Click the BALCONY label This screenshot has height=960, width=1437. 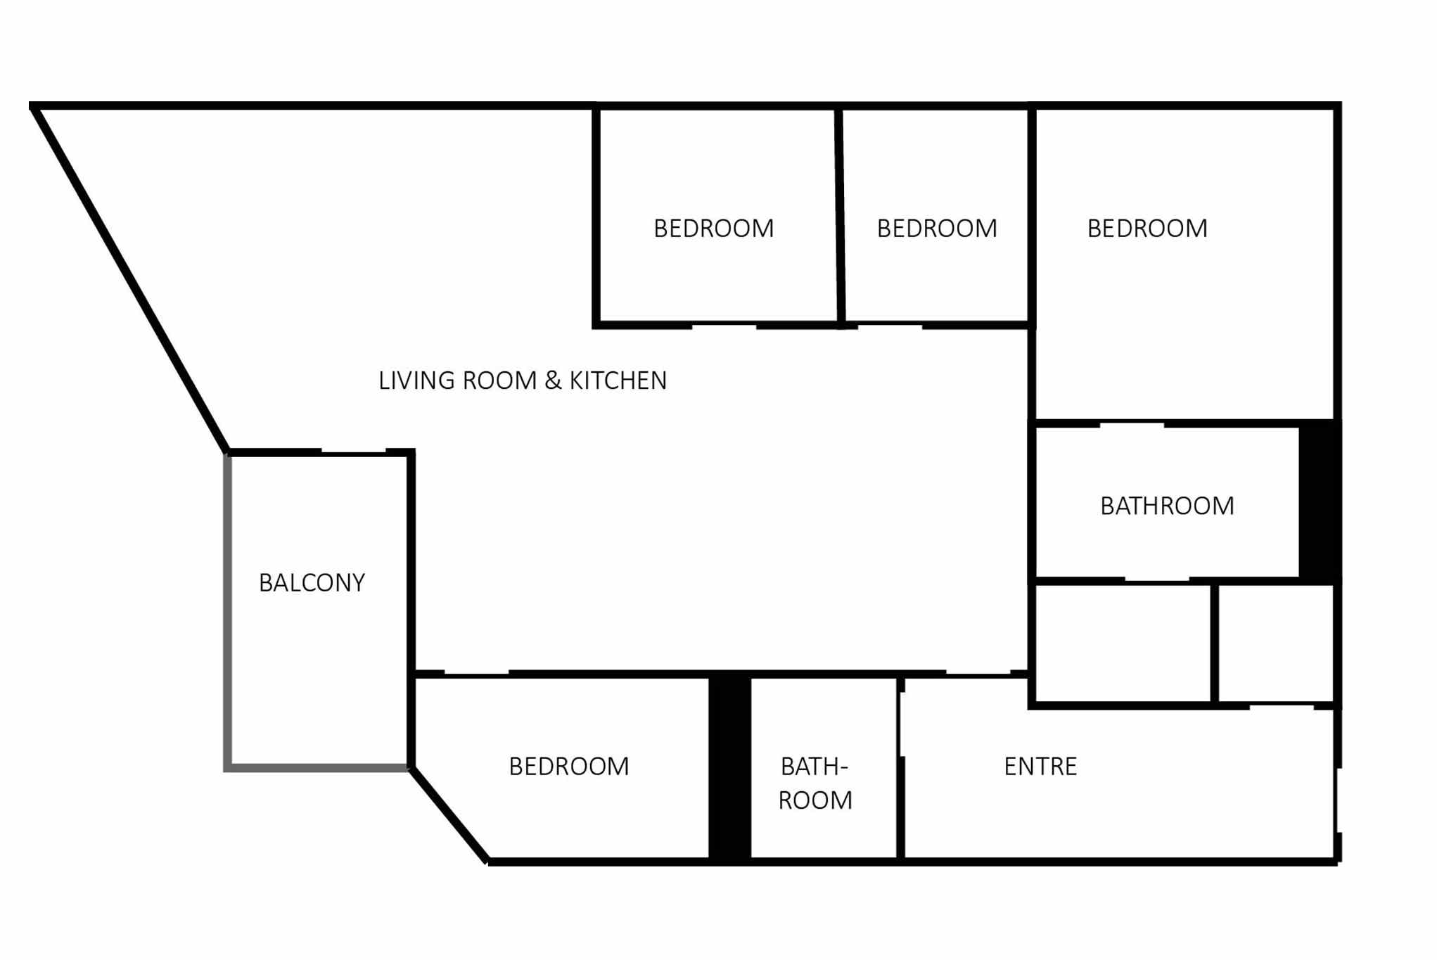312,583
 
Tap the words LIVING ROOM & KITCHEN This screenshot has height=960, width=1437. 523,380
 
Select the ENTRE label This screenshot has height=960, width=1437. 1040,767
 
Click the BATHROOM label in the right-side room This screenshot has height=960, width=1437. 1167,506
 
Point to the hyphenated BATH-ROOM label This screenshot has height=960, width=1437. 815,783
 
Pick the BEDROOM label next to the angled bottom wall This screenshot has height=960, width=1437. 569,767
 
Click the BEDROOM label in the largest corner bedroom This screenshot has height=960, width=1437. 1147,229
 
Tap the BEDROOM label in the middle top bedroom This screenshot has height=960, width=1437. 937,229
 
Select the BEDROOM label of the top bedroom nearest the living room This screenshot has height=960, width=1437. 714,229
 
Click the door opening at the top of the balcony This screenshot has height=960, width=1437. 354,452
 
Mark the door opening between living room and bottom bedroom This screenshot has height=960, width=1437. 477,674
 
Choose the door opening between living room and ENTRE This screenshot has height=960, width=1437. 978,674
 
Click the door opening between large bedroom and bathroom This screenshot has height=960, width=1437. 1132,424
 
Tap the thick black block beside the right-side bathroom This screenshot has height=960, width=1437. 1320,501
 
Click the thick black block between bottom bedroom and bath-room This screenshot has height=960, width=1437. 729,767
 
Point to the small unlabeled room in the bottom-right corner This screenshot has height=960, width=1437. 1276,644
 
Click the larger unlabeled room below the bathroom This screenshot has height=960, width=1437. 1123,644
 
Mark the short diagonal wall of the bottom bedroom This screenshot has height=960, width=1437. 449,814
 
